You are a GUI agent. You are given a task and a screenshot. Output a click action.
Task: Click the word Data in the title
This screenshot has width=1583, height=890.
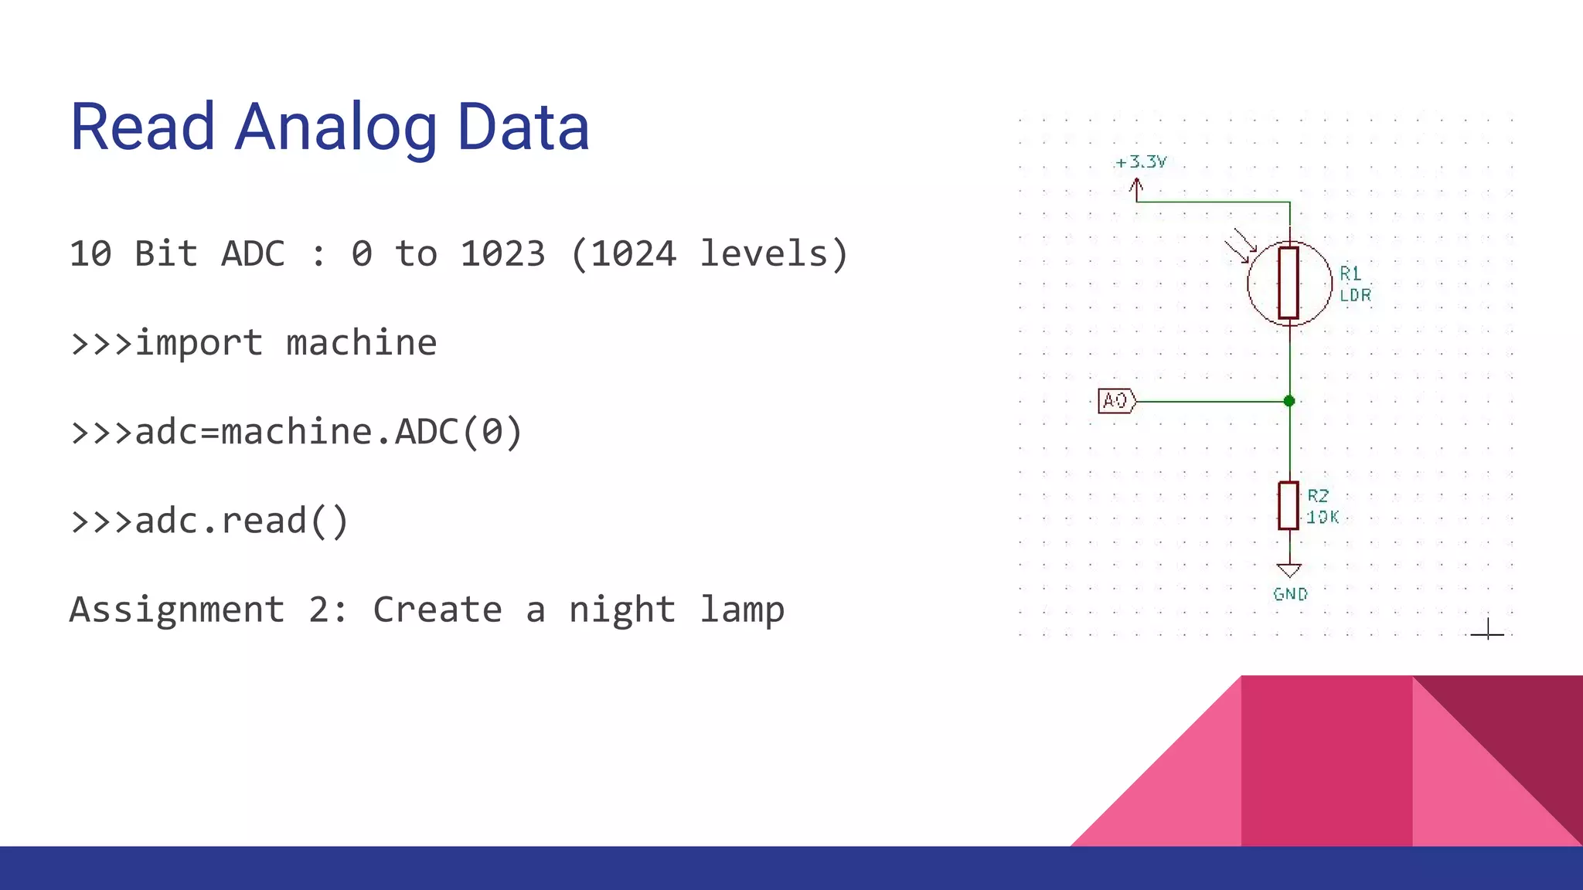click(x=523, y=127)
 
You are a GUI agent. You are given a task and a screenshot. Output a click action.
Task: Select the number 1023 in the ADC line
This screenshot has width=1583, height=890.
click(x=502, y=254)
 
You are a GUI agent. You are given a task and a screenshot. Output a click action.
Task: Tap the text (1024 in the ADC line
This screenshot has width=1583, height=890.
click(x=623, y=254)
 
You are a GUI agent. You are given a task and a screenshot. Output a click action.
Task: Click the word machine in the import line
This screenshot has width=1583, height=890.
click(x=361, y=343)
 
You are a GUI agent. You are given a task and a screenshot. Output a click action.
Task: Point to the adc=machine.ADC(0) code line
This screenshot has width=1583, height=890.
click(x=297, y=432)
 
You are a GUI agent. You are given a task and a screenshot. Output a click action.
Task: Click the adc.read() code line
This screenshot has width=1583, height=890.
click(x=209, y=521)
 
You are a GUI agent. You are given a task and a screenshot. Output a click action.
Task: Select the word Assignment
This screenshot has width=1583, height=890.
click(x=177, y=610)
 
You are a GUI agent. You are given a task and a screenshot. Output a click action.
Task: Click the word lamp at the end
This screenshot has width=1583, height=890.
click(x=742, y=610)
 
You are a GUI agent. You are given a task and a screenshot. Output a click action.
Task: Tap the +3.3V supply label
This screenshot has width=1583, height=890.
click(x=1141, y=162)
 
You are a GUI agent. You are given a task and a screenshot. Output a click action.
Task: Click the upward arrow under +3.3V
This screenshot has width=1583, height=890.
click(x=1136, y=189)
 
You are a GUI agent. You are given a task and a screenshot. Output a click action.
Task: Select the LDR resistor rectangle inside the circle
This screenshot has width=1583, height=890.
click(x=1289, y=283)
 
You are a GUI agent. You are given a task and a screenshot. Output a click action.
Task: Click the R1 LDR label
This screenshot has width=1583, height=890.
click(x=1355, y=284)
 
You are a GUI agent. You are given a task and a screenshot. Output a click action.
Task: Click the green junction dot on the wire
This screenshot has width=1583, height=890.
click(x=1289, y=401)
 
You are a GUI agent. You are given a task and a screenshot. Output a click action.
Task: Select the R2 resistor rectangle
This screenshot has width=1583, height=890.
click(x=1289, y=506)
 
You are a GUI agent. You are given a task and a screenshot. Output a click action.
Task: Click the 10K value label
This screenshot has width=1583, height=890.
click(x=1323, y=518)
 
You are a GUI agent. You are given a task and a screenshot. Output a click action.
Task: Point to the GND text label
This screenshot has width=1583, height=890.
click(x=1290, y=594)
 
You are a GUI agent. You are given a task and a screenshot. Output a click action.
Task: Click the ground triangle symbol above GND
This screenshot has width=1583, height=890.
click(x=1289, y=571)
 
